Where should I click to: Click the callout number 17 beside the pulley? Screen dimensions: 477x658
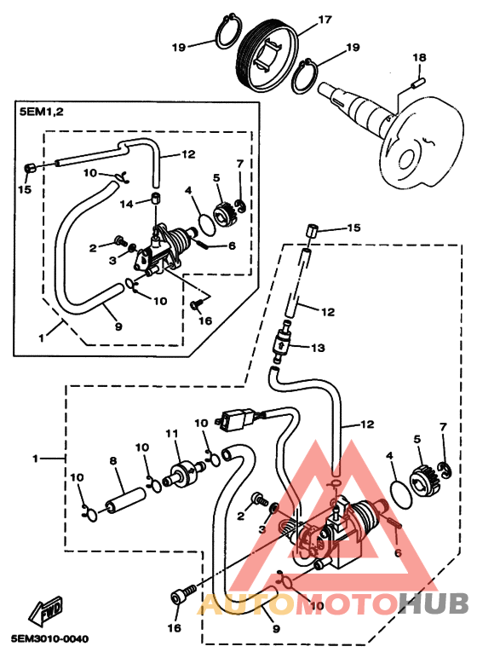tap(325, 20)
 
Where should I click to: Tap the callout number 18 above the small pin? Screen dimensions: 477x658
tap(419, 57)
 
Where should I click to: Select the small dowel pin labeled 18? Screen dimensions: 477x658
tap(419, 82)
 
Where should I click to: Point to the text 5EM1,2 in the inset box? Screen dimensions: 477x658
tap(42, 112)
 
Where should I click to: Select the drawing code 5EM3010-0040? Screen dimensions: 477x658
tap(50, 639)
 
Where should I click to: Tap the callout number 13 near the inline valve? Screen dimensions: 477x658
tap(318, 348)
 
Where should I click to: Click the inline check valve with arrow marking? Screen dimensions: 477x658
tap(280, 342)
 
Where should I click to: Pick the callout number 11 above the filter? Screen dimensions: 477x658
tap(171, 433)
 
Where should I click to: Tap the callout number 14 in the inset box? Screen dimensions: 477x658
tap(126, 204)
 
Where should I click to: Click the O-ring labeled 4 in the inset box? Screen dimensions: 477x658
tap(206, 223)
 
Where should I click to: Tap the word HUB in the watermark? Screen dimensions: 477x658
tap(434, 603)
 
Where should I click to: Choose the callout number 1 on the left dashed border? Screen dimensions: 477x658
tap(35, 459)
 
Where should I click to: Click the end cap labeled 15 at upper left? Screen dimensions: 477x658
tap(30, 169)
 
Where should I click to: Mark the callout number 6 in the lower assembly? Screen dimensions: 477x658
tap(398, 553)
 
